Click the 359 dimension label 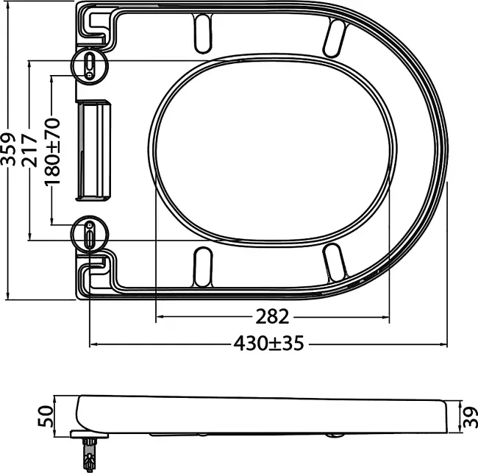pyautogui.click(x=8, y=149)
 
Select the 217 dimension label pyautogui.click(x=29, y=150)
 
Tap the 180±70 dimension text pyautogui.click(x=52, y=152)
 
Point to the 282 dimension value pyautogui.click(x=272, y=316)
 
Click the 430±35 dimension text pyautogui.click(x=269, y=343)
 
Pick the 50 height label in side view pyautogui.click(x=45, y=416)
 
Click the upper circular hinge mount pyautogui.click(x=90, y=65)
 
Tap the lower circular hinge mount pyautogui.click(x=90, y=234)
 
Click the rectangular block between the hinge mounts pyautogui.click(x=93, y=150)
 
